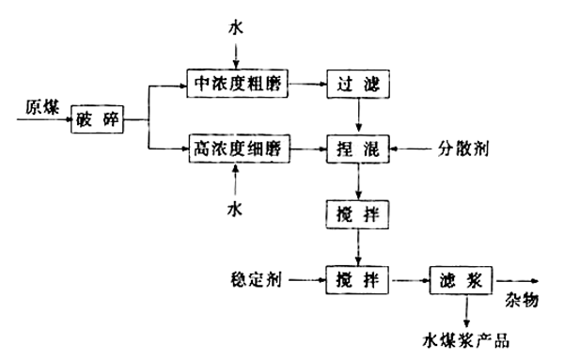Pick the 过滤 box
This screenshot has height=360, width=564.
356,85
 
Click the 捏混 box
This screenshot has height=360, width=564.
356,149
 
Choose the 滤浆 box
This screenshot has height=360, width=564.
461,279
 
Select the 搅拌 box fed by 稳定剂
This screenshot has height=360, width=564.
356,279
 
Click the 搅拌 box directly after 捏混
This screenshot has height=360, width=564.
356,213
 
